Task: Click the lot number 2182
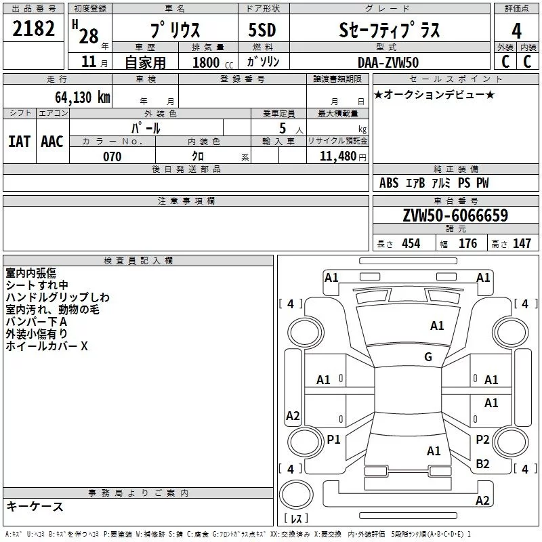click(x=33, y=28)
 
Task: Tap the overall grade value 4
click(x=516, y=30)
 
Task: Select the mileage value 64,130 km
click(x=83, y=97)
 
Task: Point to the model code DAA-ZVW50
click(x=388, y=62)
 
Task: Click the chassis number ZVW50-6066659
click(x=455, y=215)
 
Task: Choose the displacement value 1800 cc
click(x=213, y=62)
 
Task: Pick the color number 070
click(x=112, y=157)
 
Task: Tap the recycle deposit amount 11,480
click(x=337, y=157)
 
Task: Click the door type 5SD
click(x=262, y=30)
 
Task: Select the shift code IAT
click(x=19, y=142)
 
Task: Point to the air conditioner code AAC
click(x=52, y=142)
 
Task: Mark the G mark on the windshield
click(x=428, y=357)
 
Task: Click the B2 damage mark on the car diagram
click(x=482, y=463)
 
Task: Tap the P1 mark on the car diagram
click(x=333, y=439)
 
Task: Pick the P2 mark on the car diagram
click(x=482, y=439)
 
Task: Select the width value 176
click(x=467, y=243)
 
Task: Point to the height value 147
click(x=522, y=243)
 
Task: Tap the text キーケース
click(x=35, y=506)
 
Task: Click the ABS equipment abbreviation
click(x=389, y=183)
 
